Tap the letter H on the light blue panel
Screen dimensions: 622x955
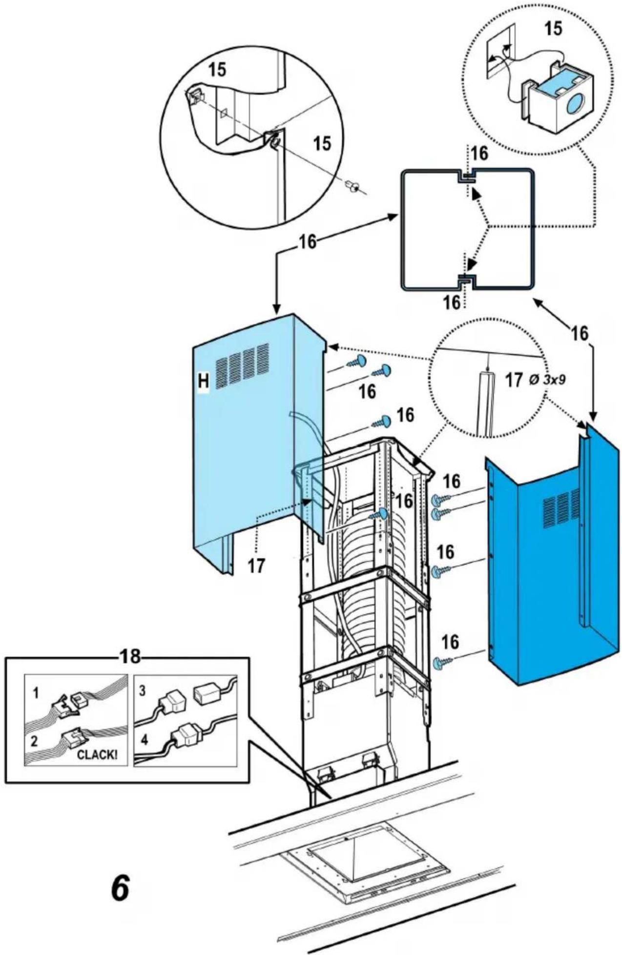pos(203,381)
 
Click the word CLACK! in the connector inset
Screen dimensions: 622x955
pos(97,755)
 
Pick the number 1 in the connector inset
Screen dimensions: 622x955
pos(36,693)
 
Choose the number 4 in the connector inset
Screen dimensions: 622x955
pos(144,739)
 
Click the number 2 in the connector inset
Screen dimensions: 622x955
pos(34,741)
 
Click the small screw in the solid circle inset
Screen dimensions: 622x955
pos(352,186)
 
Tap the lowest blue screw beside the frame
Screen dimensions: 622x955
pos(441,662)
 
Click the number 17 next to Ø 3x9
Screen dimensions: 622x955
pos(514,380)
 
